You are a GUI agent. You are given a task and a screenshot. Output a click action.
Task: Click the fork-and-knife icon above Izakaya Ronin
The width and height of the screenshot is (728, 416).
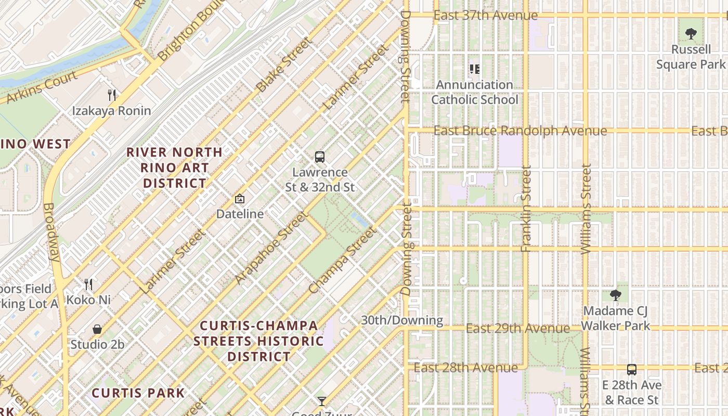(x=111, y=95)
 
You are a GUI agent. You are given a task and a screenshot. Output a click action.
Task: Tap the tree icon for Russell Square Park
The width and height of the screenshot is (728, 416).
(x=691, y=34)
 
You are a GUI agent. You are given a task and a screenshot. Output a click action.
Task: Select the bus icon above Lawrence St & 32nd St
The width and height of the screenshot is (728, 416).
(x=320, y=157)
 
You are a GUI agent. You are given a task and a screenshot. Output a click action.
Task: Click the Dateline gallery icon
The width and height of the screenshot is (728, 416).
(x=240, y=199)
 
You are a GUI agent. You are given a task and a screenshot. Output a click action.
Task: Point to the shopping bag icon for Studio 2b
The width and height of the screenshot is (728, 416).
(x=97, y=329)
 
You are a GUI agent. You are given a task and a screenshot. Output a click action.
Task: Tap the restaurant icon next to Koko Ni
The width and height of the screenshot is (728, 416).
(x=88, y=284)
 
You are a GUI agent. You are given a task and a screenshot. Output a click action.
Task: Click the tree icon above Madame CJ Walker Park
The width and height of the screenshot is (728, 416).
(x=616, y=295)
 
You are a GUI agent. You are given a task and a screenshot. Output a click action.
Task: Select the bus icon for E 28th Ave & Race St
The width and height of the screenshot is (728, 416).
(x=632, y=370)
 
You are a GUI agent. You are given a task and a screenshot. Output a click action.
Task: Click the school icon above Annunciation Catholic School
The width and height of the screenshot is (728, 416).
(x=474, y=69)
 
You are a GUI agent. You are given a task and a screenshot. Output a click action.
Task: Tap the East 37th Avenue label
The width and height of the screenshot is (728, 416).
(x=478, y=16)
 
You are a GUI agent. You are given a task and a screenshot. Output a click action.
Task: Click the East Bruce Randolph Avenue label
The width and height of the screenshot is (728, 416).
(x=520, y=131)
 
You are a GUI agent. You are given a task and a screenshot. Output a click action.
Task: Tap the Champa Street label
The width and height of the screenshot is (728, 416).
(x=342, y=260)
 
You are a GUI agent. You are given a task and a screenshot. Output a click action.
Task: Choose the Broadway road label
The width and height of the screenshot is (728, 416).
(x=51, y=231)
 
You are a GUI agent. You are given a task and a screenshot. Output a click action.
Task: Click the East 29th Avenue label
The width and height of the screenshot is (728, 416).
(x=517, y=329)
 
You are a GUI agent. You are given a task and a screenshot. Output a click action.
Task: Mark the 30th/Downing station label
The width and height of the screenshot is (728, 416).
(x=402, y=320)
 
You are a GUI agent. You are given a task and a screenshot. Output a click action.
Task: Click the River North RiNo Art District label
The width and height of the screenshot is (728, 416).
(x=175, y=168)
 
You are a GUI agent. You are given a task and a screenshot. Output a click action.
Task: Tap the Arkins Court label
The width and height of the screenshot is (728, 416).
(x=40, y=87)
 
